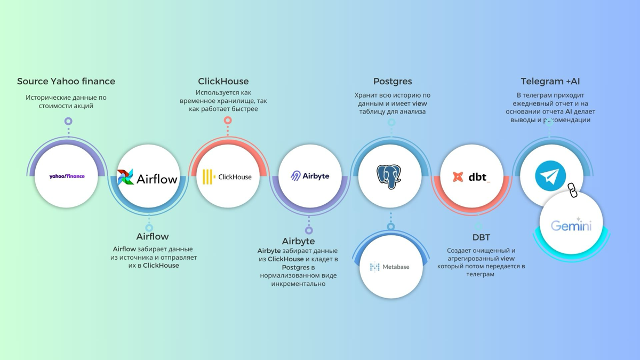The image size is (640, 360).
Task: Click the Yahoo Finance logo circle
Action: (67, 176)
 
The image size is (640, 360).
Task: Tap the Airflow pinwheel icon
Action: (125, 177)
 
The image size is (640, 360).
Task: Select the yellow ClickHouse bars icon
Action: (209, 177)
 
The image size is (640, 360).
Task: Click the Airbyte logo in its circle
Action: (310, 176)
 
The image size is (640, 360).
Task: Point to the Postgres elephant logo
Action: (389, 177)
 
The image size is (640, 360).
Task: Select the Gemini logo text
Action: (571, 226)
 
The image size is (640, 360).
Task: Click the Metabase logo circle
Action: (390, 267)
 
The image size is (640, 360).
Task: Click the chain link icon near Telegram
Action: (572, 190)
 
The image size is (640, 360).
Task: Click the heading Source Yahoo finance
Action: (66, 82)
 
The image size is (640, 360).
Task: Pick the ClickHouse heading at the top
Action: (223, 82)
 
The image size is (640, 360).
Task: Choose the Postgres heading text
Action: (393, 82)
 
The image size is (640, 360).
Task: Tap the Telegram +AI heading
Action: (550, 82)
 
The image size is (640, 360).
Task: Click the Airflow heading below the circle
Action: (153, 236)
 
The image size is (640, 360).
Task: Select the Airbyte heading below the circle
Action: (299, 241)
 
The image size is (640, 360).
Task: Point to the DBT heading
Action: (481, 237)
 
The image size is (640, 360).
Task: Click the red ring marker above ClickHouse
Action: (228, 121)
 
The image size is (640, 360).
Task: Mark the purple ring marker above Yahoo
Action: (68, 122)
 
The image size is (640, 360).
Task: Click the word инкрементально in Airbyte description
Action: (298, 284)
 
